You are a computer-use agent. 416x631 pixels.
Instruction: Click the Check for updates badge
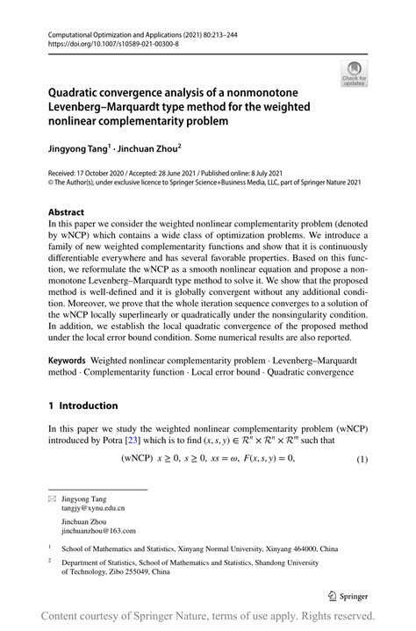[355, 74]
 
